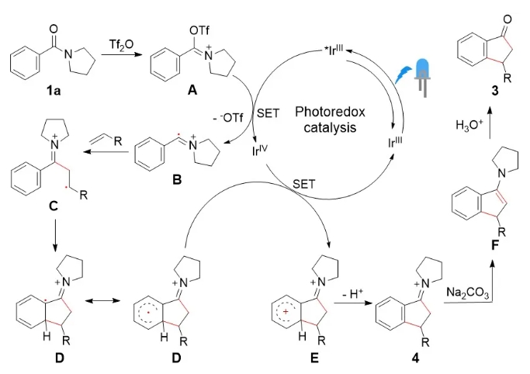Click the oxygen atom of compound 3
[x=462, y=14]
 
